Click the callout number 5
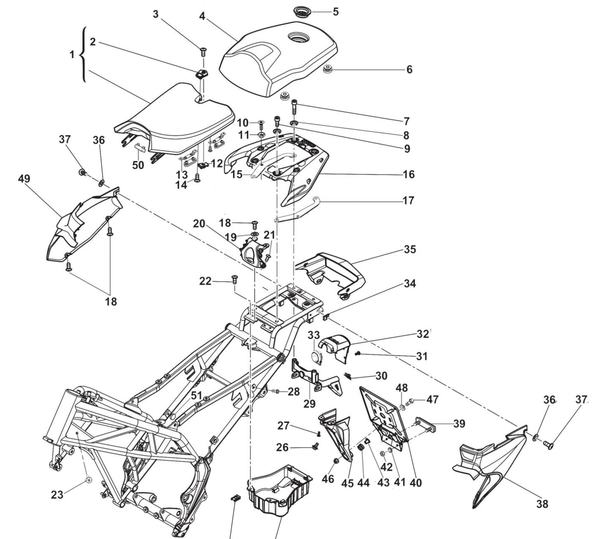click(336, 12)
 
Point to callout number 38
click(542, 504)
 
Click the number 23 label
click(57, 495)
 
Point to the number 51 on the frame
click(197, 396)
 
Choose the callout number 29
click(309, 404)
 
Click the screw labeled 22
click(235, 278)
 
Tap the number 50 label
click(138, 165)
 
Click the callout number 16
click(409, 174)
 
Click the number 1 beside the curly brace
click(72, 55)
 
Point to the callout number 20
click(199, 224)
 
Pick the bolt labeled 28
click(276, 391)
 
